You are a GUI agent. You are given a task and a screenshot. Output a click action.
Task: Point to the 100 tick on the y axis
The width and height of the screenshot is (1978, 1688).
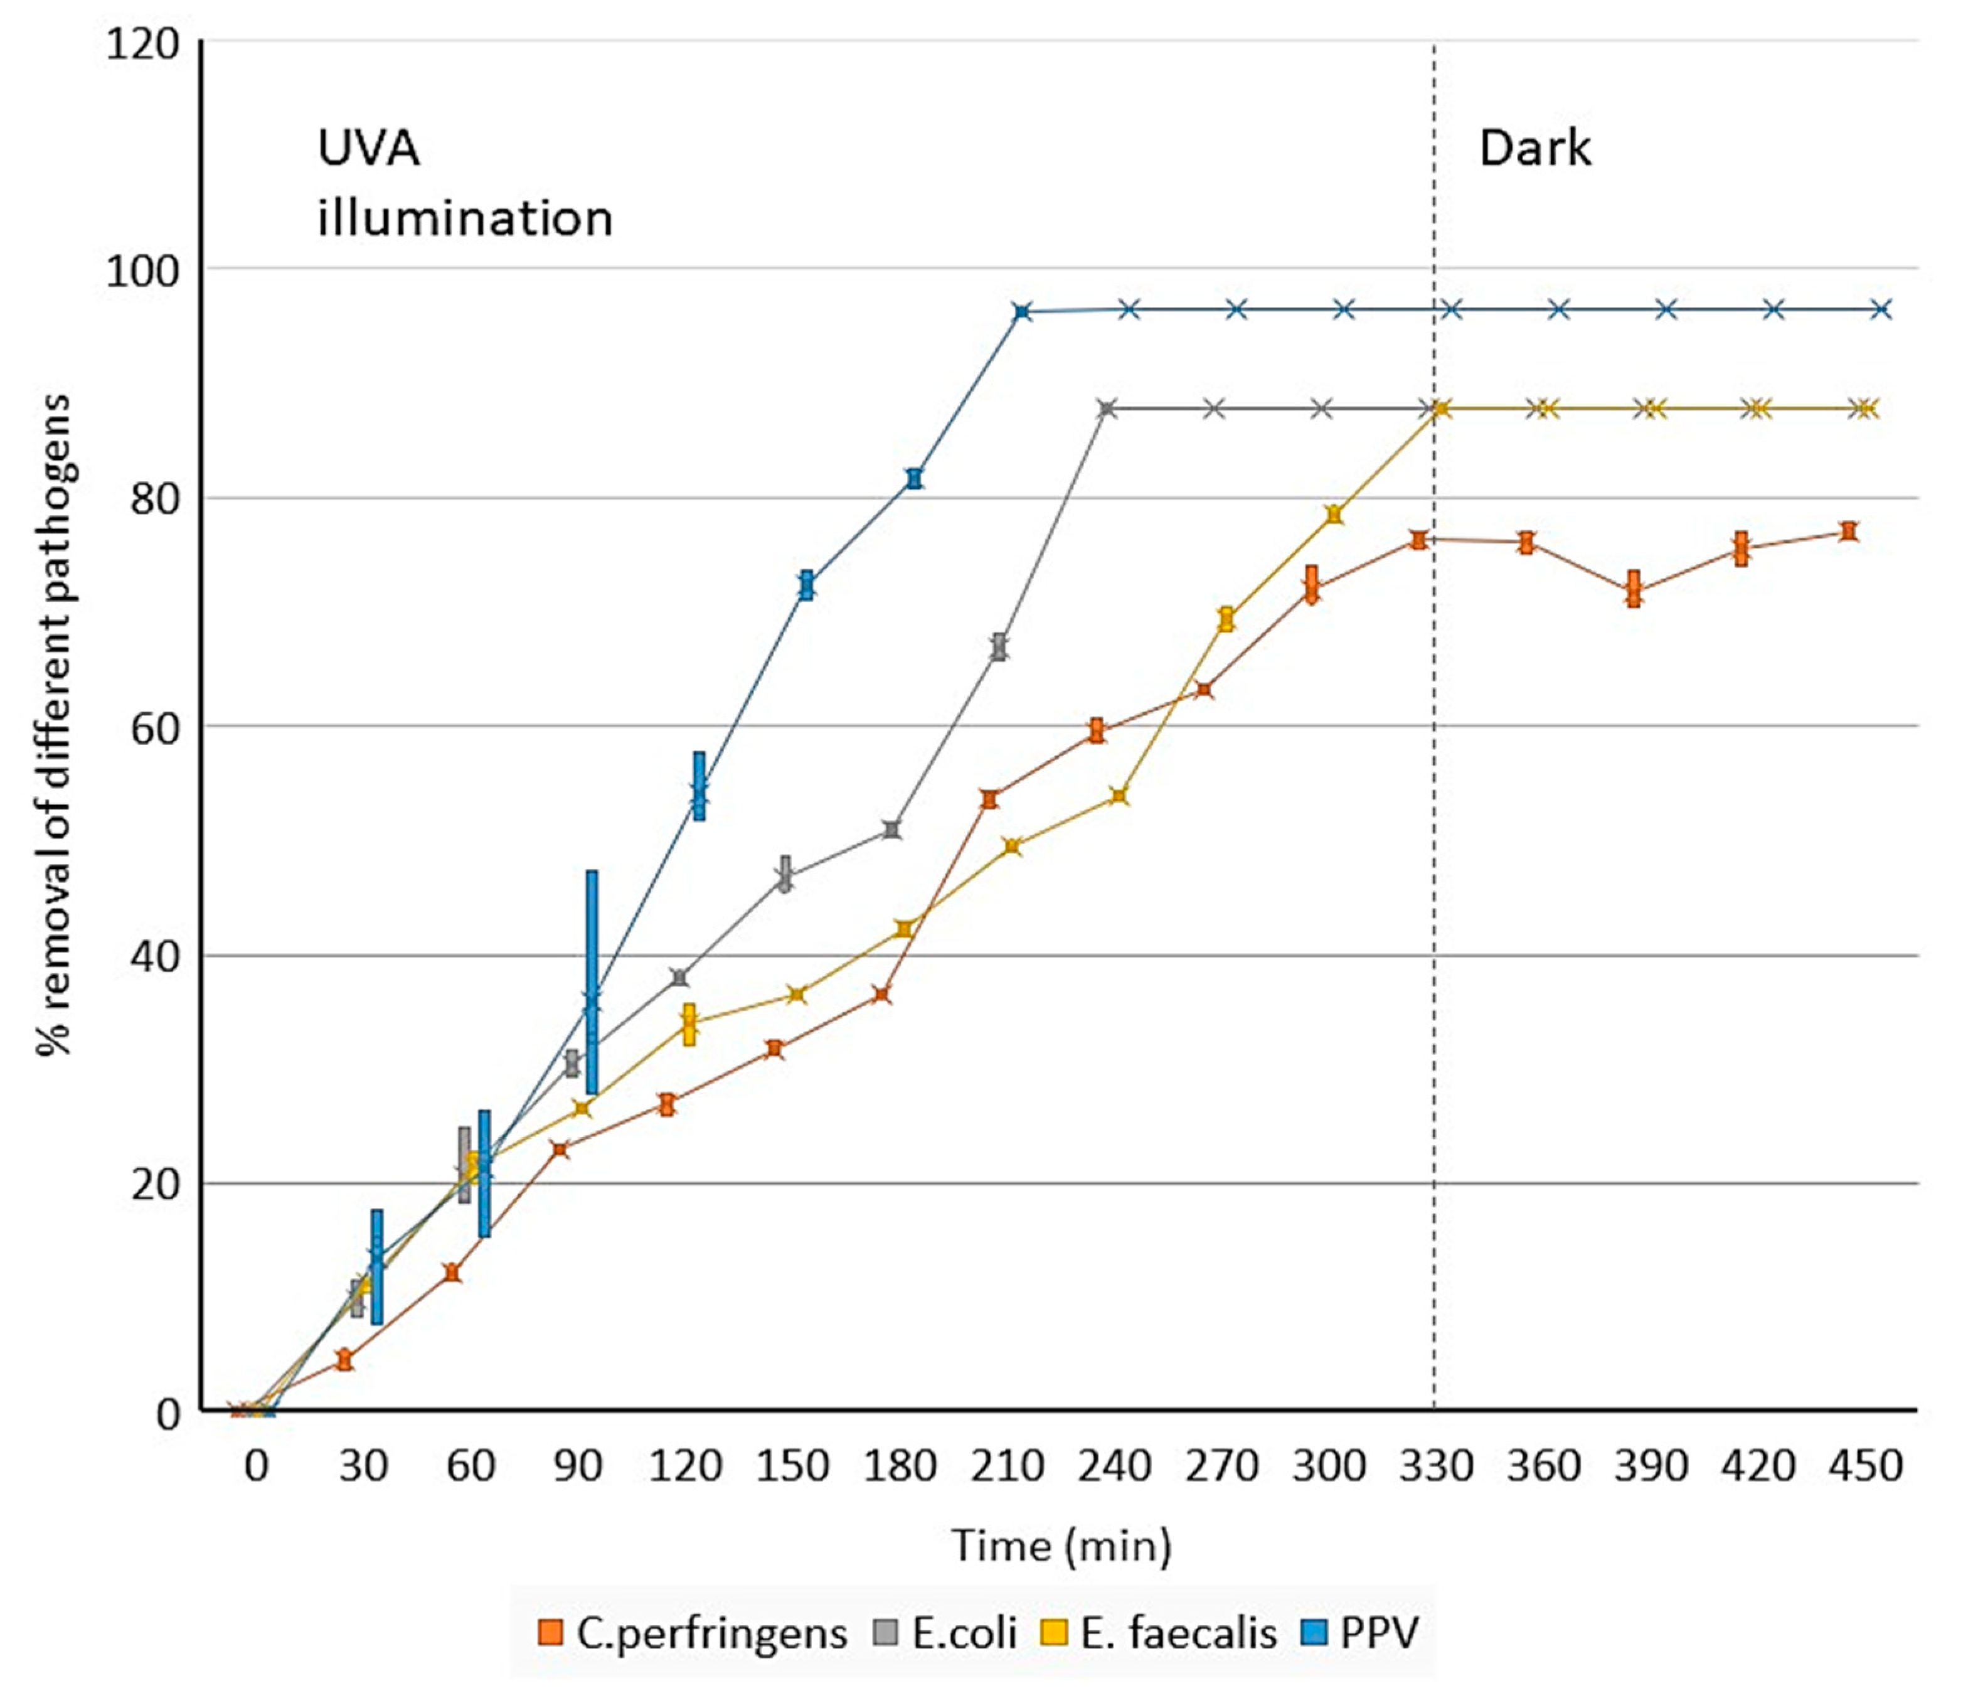143,271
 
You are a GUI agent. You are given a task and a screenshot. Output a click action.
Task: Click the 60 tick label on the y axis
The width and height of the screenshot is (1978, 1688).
155,729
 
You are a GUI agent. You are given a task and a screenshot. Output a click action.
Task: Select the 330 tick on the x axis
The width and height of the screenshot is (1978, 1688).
1437,1465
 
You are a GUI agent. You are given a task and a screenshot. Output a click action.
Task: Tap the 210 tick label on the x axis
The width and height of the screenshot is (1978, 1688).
1007,1465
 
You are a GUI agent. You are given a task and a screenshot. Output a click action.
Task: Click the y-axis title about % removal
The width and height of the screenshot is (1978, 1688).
55,725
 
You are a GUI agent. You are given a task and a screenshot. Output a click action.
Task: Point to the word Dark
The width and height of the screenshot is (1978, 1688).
1534,149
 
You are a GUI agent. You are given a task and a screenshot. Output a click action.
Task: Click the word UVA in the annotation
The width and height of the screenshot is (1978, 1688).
368,149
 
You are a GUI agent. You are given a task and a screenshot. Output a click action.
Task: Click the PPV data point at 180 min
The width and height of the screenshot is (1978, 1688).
915,478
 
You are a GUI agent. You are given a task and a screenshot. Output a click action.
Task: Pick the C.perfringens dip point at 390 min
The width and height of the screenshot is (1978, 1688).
1634,589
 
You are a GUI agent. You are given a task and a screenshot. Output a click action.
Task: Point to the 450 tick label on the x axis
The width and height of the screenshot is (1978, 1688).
1865,1465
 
